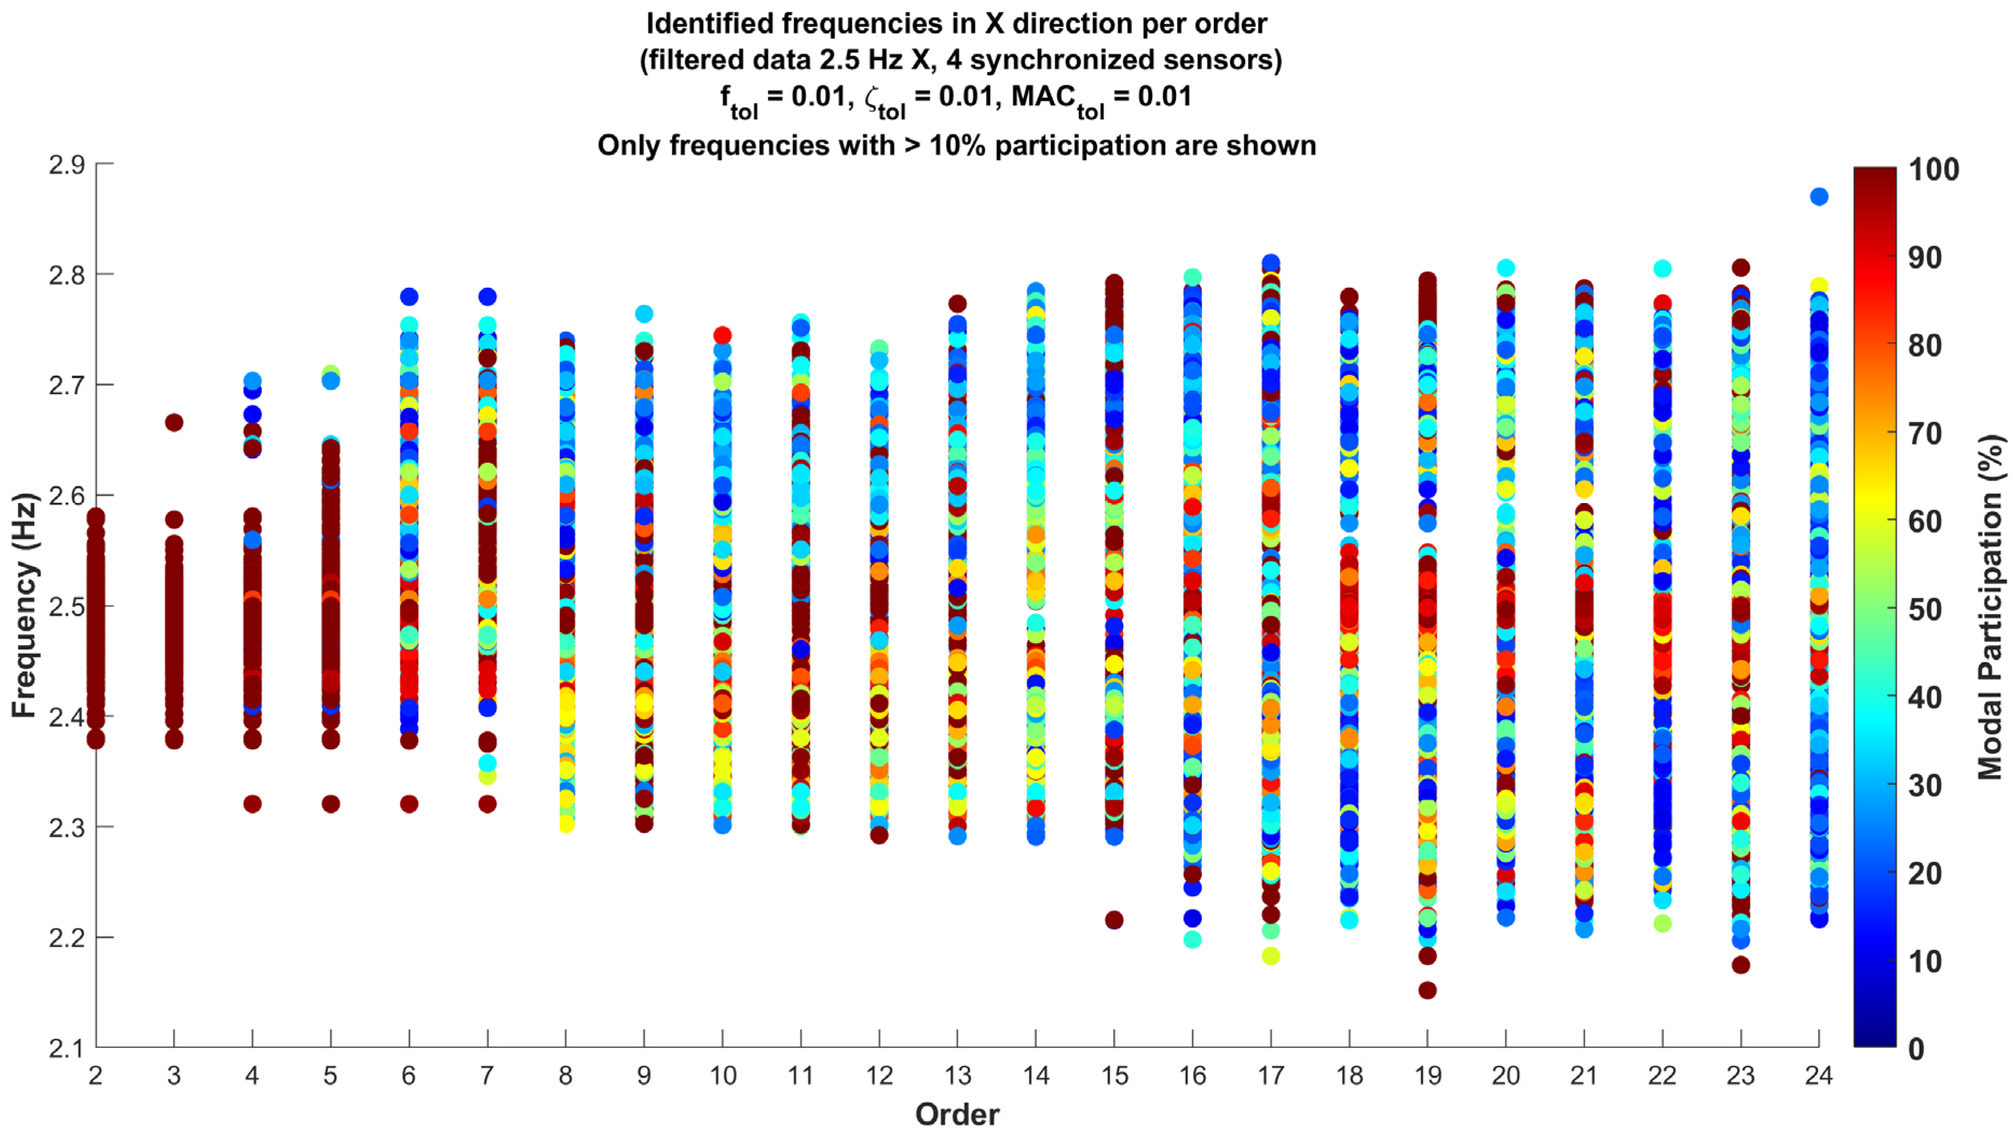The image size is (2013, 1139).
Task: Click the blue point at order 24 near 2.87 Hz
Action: [1819, 196]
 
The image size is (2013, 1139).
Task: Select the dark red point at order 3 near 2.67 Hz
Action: [174, 423]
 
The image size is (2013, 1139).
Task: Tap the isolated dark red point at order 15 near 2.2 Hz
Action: [1114, 920]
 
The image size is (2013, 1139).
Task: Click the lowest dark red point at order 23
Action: [1741, 965]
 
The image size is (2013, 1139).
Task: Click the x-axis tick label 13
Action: [957, 1076]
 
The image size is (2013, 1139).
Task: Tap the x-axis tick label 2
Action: [96, 1076]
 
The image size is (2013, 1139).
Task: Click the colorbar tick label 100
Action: [1933, 169]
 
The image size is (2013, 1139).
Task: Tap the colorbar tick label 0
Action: [1916, 1048]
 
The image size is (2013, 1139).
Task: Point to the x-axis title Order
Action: [957, 1115]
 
